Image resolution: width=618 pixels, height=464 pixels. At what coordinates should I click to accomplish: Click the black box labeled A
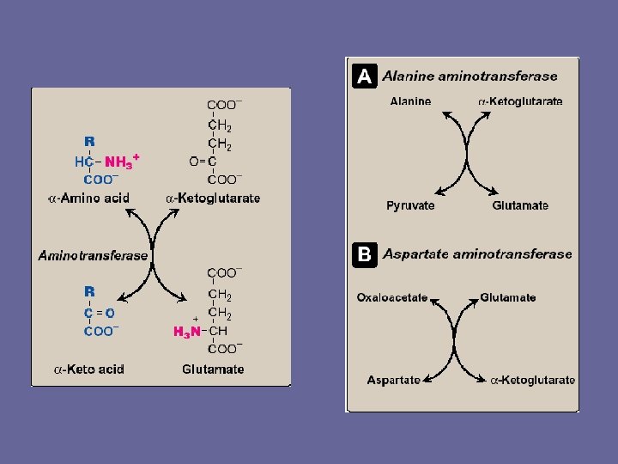[x=364, y=76]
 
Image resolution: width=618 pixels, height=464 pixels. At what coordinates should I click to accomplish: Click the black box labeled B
[x=364, y=254]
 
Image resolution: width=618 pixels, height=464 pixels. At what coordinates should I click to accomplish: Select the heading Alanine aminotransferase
[x=470, y=76]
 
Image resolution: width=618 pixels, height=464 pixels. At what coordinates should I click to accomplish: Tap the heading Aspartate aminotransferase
[x=477, y=254]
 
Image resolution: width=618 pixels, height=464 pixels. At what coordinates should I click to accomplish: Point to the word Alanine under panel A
[x=410, y=101]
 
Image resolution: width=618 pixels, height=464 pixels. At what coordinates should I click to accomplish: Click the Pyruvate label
[x=410, y=205]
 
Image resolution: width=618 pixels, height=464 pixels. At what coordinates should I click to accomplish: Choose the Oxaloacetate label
[x=392, y=298]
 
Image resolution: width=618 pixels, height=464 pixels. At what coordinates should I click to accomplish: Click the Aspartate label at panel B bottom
[x=394, y=380]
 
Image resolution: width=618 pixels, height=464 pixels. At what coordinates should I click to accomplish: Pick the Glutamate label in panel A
[x=520, y=205]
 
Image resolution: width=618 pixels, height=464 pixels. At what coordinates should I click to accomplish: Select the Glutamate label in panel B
[x=508, y=298]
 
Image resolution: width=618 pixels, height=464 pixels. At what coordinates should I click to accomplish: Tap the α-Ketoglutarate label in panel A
[x=521, y=101]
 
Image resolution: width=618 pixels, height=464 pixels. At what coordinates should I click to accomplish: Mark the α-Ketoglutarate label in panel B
[x=533, y=380]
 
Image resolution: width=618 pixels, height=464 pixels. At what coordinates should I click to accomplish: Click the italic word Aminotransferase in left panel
[x=94, y=255]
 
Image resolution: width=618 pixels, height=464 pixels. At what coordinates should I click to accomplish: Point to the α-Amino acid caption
[x=88, y=198]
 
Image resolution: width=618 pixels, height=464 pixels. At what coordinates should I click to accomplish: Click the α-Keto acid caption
[x=89, y=369]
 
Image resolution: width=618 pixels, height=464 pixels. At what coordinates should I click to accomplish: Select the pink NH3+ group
[x=121, y=161]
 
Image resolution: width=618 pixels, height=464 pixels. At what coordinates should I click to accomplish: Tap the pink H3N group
[x=188, y=332]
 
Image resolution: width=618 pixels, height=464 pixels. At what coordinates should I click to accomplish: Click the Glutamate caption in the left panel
[x=213, y=369]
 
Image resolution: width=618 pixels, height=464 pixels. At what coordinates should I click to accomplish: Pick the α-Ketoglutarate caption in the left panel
[x=213, y=198]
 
